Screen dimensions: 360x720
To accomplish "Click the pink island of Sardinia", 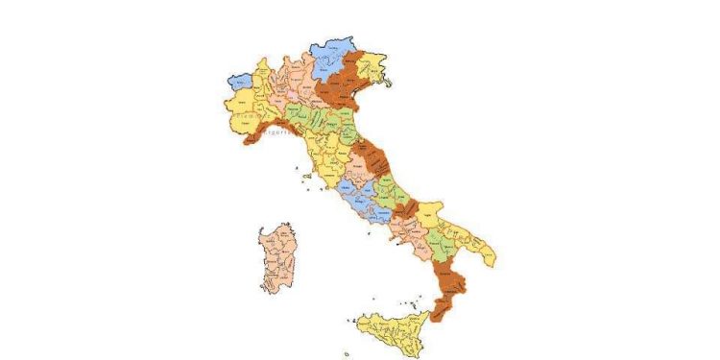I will pyautogui.click(x=278, y=257).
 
